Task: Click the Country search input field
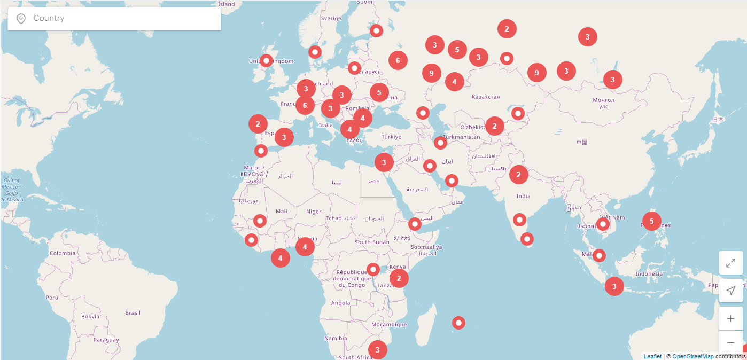click(123, 19)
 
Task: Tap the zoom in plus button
click(730, 319)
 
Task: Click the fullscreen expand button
click(730, 263)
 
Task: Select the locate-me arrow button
click(730, 291)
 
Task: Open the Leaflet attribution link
click(652, 356)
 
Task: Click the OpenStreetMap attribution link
click(693, 356)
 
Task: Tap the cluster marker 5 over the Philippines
click(651, 221)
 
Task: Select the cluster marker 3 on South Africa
click(378, 350)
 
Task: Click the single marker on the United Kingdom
click(266, 61)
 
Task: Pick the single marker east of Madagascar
click(458, 323)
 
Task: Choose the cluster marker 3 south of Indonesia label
click(614, 286)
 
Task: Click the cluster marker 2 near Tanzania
click(399, 278)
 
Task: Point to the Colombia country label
click(63, 253)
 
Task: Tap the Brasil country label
click(133, 312)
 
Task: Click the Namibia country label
click(336, 338)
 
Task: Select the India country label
click(523, 196)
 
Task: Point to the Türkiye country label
click(391, 137)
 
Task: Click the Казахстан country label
click(486, 97)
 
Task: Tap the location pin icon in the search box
click(21, 19)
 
